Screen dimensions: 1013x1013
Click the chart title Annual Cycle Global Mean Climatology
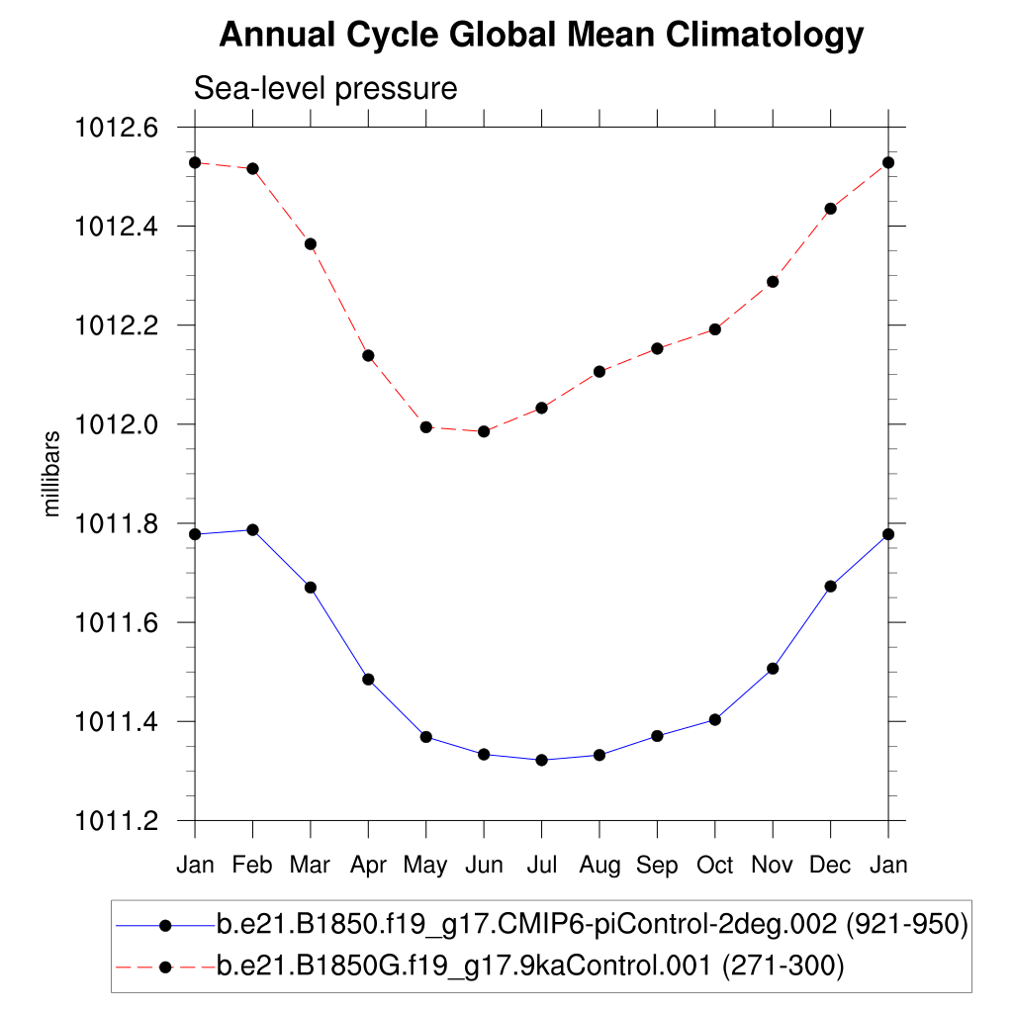[x=541, y=36]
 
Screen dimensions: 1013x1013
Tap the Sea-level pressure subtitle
[x=325, y=88]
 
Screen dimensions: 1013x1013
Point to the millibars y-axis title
[x=52, y=474]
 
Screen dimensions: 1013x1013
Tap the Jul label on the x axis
[x=541, y=866]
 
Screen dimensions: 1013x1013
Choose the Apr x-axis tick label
[x=368, y=866]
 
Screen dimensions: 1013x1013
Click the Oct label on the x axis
[x=715, y=866]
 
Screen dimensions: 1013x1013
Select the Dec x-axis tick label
[x=830, y=866]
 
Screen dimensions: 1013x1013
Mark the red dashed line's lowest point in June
[x=484, y=431]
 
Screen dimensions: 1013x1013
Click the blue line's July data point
[x=541, y=760]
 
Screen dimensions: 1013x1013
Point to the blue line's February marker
[x=252, y=529]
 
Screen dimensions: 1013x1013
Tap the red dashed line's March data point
[x=311, y=243]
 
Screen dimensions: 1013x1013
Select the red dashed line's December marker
[x=830, y=209]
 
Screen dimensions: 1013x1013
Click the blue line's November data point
[x=773, y=669]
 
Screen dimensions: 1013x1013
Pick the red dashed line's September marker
[x=657, y=348]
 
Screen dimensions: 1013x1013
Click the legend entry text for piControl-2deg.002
[x=591, y=926]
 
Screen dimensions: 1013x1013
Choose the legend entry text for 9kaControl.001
[x=529, y=966]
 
